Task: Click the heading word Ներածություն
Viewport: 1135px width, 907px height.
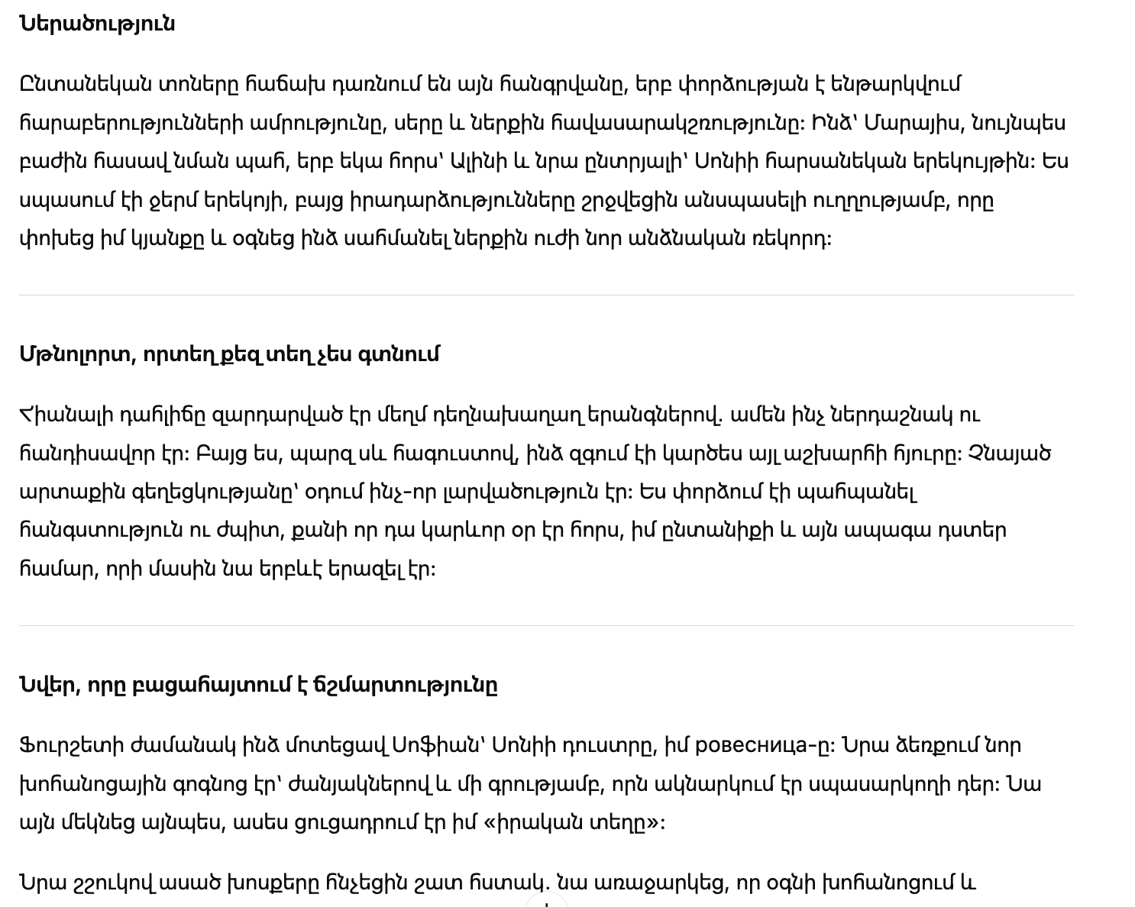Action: [x=97, y=24]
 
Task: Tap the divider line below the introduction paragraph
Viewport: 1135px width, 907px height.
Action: [x=546, y=295]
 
